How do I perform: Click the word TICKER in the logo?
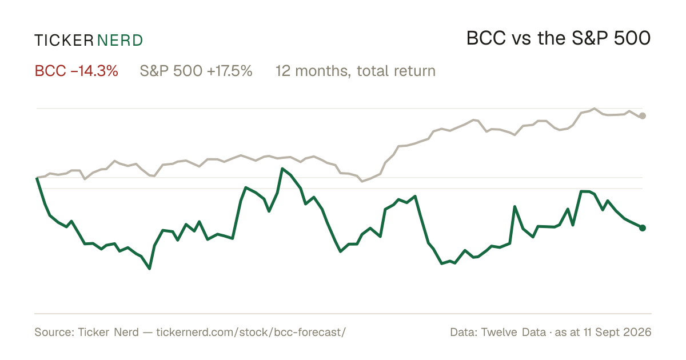(64, 41)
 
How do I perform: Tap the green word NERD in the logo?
(119, 41)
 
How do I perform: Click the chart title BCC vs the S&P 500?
(559, 38)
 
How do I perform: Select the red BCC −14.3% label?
(76, 71)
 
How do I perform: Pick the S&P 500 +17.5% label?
(196, 71)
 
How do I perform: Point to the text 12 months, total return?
(355, 71)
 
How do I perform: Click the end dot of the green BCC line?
(643, 228)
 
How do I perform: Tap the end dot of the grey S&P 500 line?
(643, 115)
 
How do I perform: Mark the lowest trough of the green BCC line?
(149, 269)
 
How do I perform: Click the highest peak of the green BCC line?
(282, 169)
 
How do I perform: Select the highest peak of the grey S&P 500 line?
(595, 109)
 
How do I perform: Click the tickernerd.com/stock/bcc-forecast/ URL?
(251, 332)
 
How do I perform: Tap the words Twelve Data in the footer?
(513, 332)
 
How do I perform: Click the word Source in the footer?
(53, 332)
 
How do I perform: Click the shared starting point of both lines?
(37, 178)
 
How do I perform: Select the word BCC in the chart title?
(486, 38)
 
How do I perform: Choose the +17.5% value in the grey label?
(230, 71)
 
